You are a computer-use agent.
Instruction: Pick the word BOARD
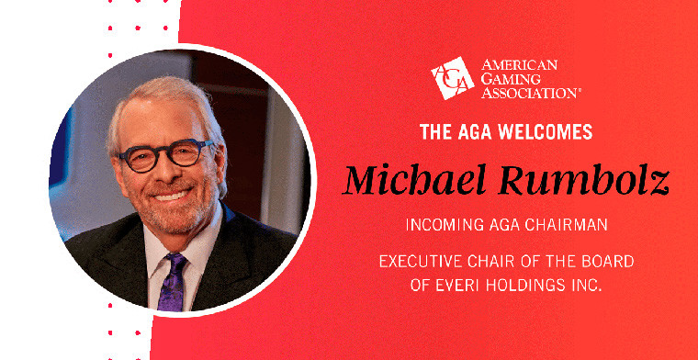click(606, 262)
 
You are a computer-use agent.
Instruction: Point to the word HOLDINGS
click(526, 285)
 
